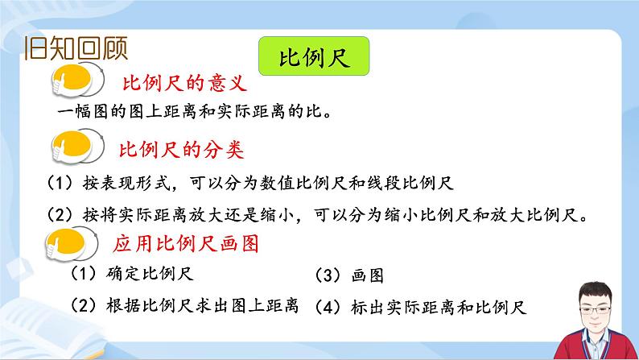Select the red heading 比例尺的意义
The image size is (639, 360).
pos(183,84)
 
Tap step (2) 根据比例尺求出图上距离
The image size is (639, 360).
pos(184,306)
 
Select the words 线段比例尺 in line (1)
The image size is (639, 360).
pos(422,183)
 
